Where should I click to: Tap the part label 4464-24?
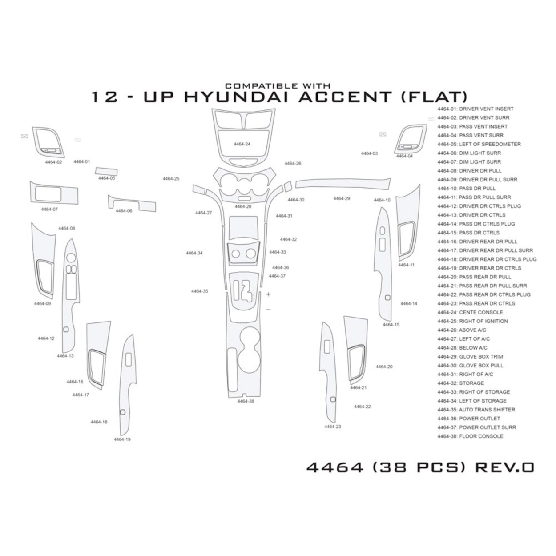(242, 144)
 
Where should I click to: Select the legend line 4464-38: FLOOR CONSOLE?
(470, 444)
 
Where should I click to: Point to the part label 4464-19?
(122, 439)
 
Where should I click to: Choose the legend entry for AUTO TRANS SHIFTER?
(476, 410)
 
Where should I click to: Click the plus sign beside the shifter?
(268, 294)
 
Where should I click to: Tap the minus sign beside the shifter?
(268, 310)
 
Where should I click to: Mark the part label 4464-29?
(342, 198)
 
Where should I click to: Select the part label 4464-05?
(106, 178)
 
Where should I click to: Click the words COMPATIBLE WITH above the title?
(278, 86)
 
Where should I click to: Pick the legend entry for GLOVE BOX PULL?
(470, 366)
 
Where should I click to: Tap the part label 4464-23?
(332, 427)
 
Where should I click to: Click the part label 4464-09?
(42, 303)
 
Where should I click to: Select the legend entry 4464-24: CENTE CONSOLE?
(470, 313)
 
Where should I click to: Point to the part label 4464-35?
(199, 291)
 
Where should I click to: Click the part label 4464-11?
(406, 265)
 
